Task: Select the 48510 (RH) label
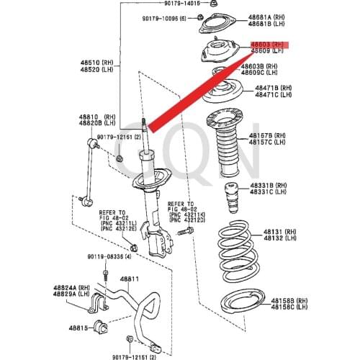pyautogui.click(x=91, y=62)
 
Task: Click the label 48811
pyautogui.click(x=130, y=278)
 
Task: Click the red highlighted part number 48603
pyautogui.click(x=267, y=45)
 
